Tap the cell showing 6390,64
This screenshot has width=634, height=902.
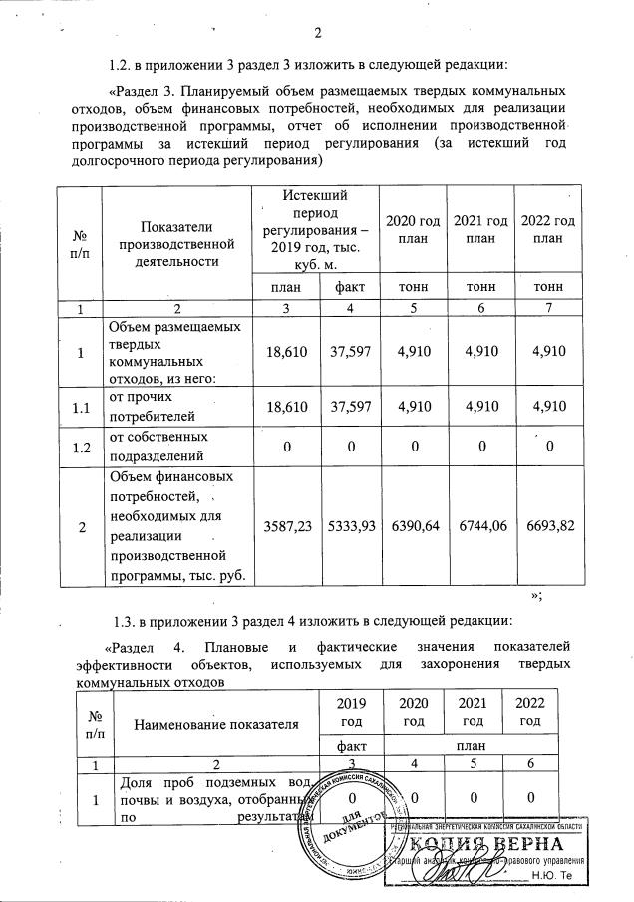point(413,525)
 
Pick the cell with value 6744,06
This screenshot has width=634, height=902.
point(479,525)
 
